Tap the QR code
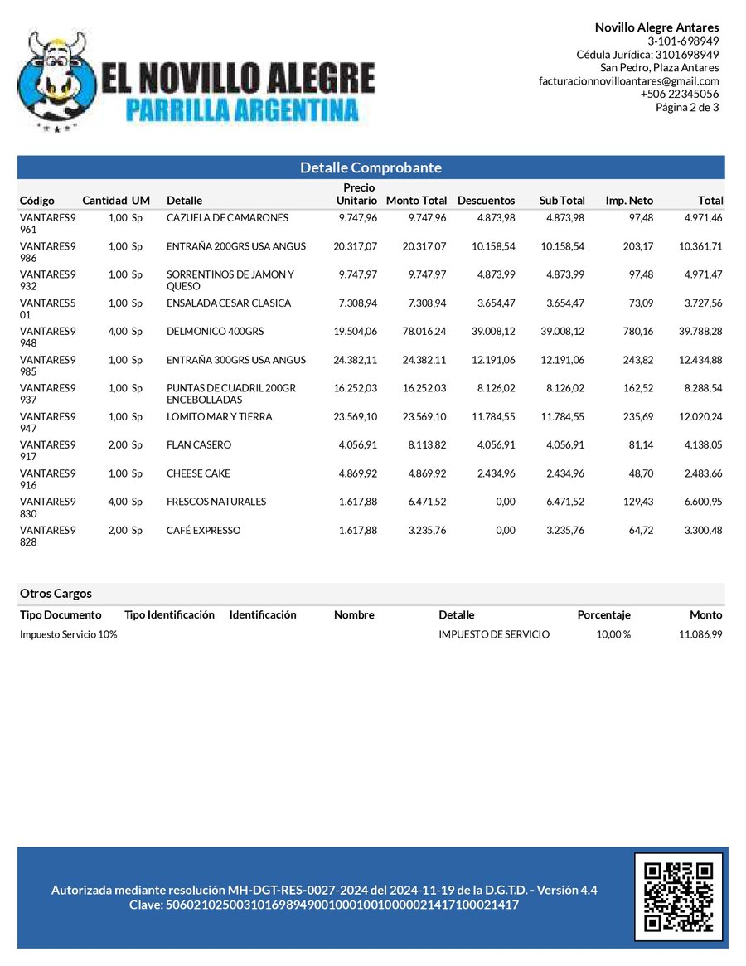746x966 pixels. pyautogui.click(x=678, y=896)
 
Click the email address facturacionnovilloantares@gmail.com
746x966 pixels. pyautogui.click(x=628, y=81)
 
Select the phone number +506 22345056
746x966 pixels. pyautogui.click(x=679, y=94)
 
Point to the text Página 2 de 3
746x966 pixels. pyautogui.click(x=687, y=107)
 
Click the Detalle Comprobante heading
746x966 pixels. pyautogui.click(x=371, y=167)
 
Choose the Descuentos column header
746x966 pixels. pyautogui.click(x=486, y=201)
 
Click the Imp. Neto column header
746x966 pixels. pyautogui.click(x=629, y=201)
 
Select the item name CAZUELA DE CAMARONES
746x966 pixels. pyautogui.click(x=227, y=218)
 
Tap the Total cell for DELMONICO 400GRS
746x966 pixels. pyautogui.click(x=700, y=332)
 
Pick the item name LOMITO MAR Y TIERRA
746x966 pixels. pyautogui.click(x=219, y=417)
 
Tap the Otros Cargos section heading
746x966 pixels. pyautogui.click(x=56, y=594)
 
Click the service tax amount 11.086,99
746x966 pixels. pyautogui.click(x=700, y=634)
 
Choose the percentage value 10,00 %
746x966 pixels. pyautogui.click(x=613, y=634)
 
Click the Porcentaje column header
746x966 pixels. pyautogui.click(x=603, y=615)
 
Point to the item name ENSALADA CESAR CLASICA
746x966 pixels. pyautogui.click(x=228, y=303)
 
